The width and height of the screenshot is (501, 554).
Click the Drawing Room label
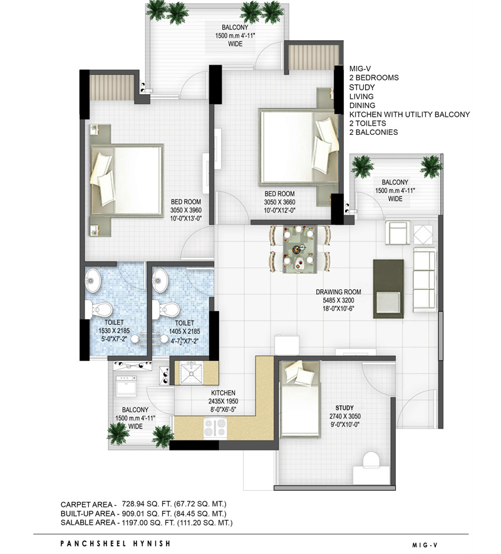click(338, 292)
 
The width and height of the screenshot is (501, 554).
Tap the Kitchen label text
click(223, 393)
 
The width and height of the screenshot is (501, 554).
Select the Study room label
click(344, 407)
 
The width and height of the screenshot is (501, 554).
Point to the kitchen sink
click(191, 373)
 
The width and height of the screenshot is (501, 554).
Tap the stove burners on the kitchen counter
click(215, 428)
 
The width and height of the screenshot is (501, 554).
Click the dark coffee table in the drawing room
click(388, 289)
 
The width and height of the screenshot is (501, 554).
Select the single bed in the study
click(300, 398)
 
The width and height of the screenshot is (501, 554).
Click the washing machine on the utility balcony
click(127, 385)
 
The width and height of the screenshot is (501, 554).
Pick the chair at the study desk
click(371, 461)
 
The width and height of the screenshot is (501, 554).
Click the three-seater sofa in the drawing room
click(424, 280)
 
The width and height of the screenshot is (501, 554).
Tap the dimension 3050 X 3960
click(186, 210)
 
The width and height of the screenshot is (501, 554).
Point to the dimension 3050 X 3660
click(279, 202)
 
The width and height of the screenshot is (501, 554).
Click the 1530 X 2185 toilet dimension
click(114, 331)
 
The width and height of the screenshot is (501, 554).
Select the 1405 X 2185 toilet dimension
click(184, 331)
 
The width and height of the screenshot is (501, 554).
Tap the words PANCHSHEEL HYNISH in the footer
click(115, 543)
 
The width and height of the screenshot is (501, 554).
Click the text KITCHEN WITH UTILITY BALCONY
click(410, 114)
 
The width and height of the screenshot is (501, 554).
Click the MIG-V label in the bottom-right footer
click(425, 545)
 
